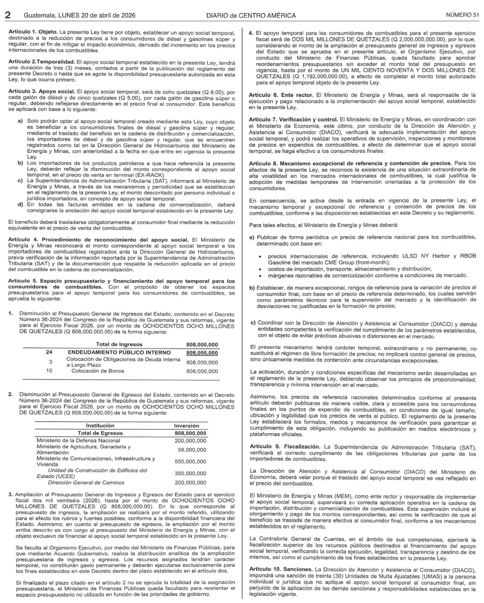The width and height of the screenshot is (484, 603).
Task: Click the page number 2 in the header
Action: pyautogui.click(x=8, y=15)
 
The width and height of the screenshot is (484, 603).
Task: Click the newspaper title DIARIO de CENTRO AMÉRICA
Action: pyautogui.click(x=251, y=15)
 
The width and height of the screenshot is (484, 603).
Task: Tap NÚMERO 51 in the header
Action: pyautogui.click(x=462, y=15)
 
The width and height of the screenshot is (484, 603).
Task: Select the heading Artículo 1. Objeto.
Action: pyautogui.click(x=33, y=33)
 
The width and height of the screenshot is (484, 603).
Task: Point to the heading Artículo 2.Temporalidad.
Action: pyautogui.click(x=42, y=61)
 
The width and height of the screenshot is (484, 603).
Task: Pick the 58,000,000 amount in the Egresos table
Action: pyautogui.click(x=192, y=450)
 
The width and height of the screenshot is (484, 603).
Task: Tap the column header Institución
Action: pyautogui.click(x=100, y=425)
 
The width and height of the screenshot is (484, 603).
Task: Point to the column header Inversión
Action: pyautogui.click(x=186, y=425)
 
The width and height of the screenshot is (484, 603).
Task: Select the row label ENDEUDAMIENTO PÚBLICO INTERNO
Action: pyautogui.click(x=119, y=353)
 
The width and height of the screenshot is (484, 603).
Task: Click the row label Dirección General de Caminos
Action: pyautogui.click(x=86, y=482)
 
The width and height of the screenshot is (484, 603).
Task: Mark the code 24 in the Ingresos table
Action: pyautogui.click(x=49, y=353)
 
